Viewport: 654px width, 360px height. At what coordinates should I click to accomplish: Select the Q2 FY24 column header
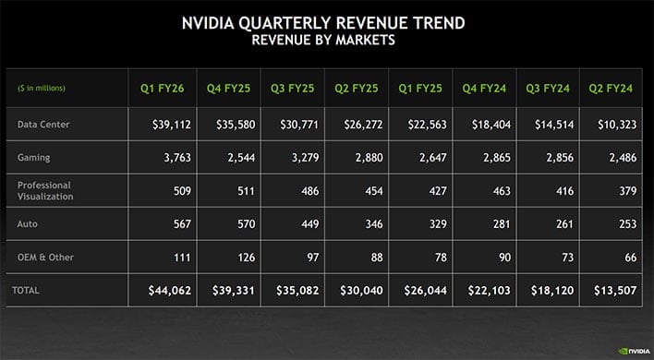612,89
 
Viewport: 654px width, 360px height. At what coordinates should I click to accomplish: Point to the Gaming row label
34,158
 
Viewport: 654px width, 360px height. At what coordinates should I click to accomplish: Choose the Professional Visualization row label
47,190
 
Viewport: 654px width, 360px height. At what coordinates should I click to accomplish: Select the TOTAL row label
25,290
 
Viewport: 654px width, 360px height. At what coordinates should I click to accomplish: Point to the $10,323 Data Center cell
613,124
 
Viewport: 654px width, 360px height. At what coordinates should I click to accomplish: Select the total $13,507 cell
613,291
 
